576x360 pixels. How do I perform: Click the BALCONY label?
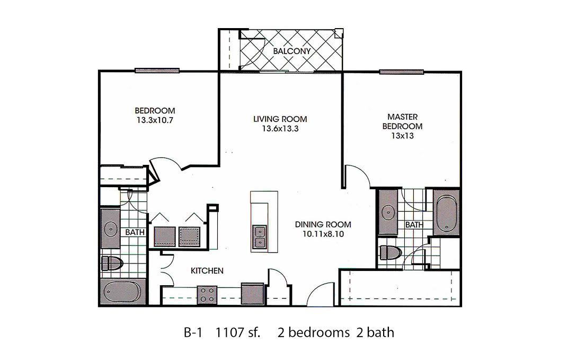pyautogui.click(x=291, y=51)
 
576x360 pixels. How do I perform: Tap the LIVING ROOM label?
pyautogui.click(x=280, y=119)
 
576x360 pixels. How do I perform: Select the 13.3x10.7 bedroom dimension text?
pyautogui.click(x=155, y=120)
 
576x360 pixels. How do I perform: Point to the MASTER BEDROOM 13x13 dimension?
pyautogui.click(x=402, y=136)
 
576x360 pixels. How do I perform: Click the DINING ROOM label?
pyautogui.click(x=323, y=224)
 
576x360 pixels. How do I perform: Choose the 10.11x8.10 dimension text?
pyautogui.click(x=323, y=234)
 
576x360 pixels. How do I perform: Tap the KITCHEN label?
pyautogui.click(x=207, y=271)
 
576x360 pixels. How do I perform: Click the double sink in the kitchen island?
pyautogui.click(x=259, y=237)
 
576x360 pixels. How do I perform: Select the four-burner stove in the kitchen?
pyautogui.click(x=207, y=295)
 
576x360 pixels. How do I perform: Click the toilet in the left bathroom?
pyautogui.click(x=112, y=264)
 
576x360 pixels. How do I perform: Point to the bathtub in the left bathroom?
pyautogui.click(x=121, y=292)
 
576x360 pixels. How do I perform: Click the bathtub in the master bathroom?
pyautogui.click(x=446, y=212)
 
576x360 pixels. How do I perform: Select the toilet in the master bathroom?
pyautogui.click(x=390, y=252)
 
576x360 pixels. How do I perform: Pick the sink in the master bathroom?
pyautogui.click(x=388, y=212)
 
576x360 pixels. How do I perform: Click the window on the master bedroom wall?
pyautogui.click(x=402, y=72)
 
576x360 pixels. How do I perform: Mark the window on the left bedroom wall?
pyautogui.click(x=157, y=71)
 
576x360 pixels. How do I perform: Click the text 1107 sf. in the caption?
pyautogui.click(x=238, y=333)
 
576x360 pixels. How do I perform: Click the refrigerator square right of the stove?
pyautogui.click(x=253, y=294)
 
